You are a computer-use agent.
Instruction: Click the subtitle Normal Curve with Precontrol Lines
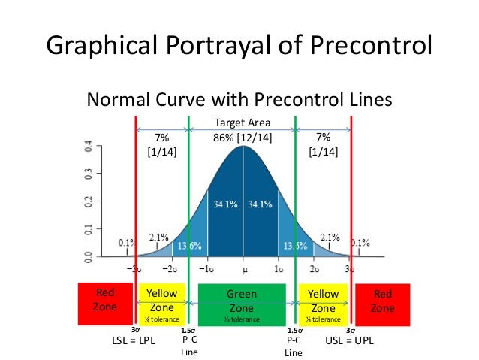pos(239,99)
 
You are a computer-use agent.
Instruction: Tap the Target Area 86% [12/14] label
pos(243,130)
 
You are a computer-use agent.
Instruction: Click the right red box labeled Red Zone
pos(383,304)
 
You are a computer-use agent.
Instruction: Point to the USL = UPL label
pos(350,340)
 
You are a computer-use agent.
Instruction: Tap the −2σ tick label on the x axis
pos(170,268)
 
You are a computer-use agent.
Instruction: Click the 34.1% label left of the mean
pos(223,204)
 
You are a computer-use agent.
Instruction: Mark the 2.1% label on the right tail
pos(330,237)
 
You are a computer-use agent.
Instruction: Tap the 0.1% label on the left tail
pos(127,244)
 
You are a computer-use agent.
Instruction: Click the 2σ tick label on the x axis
pos(315,268)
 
